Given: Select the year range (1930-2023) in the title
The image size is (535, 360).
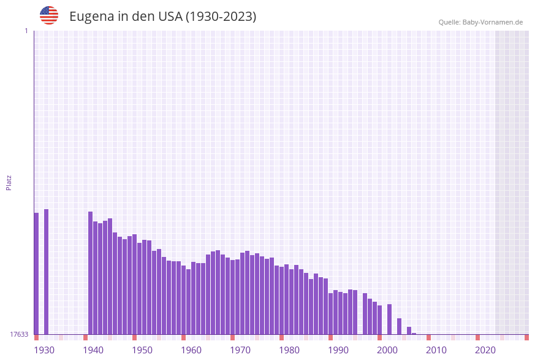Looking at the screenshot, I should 221,17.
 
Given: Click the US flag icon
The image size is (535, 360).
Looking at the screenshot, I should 49,15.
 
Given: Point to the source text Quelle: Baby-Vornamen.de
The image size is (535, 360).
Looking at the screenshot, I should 480,22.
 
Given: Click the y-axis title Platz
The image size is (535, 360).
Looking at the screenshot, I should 9,183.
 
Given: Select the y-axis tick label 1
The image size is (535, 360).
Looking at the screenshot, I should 26,31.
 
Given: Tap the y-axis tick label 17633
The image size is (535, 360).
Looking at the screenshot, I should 19,334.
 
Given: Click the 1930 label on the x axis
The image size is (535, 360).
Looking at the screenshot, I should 44,350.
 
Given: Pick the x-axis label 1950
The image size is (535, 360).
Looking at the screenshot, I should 142,350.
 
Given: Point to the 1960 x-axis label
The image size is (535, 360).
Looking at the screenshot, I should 191,350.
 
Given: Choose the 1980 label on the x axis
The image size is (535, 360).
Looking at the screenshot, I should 289,350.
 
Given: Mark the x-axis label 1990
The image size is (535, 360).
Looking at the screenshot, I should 338,350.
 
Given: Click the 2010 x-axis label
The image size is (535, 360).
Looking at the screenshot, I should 436,350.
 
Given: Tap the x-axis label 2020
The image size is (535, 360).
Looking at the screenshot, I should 485,350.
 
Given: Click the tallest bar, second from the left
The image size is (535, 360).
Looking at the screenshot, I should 46,271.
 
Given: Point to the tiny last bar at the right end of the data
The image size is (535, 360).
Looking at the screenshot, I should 414,334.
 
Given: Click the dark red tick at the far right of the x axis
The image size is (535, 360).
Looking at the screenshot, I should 526,337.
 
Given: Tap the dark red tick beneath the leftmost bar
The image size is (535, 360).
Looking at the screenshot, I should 36,337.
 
